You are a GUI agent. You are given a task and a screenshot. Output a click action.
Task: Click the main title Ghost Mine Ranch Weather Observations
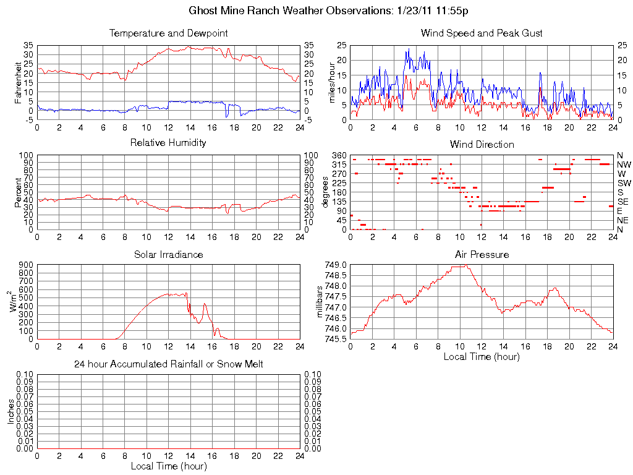(x=333, y=11)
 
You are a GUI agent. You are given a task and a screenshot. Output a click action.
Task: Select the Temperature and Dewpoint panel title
(x=168, y=33)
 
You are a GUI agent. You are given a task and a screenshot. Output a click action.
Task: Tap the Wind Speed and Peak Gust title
(x=482, y=33)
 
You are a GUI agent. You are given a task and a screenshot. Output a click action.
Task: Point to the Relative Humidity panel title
(x=168, y=143)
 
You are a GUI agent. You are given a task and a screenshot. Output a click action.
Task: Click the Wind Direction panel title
(x=482, y=145)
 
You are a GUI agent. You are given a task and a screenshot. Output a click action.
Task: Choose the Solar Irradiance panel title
(x=168, y=254)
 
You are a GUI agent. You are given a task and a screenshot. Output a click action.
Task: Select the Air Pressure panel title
(x=482, y=254)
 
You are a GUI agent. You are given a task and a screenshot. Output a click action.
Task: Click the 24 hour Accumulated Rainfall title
(x=168, y=364)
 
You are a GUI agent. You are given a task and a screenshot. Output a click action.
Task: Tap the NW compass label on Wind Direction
(x=624, y=165)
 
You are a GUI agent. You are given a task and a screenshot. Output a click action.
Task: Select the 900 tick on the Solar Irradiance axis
(x=27, y=265)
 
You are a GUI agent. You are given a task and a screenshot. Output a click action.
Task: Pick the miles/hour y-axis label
(x=331, y=82)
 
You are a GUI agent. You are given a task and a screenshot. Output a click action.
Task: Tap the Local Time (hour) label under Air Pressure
(x=482, y=356)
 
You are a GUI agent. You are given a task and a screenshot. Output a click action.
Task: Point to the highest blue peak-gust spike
(x=409, y=49)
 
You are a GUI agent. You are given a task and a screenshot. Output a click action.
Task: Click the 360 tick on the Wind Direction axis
(x=339, y=155)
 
